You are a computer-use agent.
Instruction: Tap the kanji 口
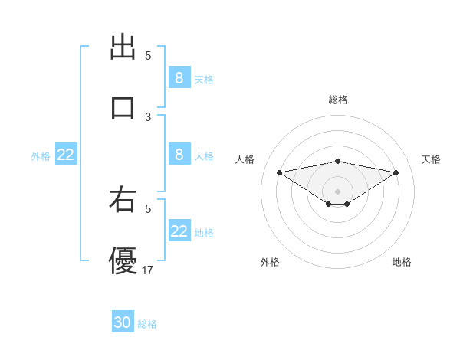click(x=123, y=108)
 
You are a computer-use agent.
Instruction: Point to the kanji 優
click(x=123, y=260)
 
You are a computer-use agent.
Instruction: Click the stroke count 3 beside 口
click(x=148, y=116)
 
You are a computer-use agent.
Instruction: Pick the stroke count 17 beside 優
click(x=148, y=270)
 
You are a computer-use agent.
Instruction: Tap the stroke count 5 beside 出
click(x=148, y=56)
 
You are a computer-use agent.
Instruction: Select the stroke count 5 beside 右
click(x=148, y=208)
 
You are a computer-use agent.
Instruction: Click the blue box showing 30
click(x=123, y=322)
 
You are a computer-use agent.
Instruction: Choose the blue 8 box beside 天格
click(x=179, y=78)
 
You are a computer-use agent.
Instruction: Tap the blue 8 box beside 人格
click(x=179, y=155)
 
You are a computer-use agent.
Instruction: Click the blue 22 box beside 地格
click(x=179, y=231)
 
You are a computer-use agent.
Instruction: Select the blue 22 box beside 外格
click(x=66, y=155)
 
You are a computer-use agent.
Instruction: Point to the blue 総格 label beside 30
click(x=147, y=324)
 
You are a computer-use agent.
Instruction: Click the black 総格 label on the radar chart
click(x=338, y=100)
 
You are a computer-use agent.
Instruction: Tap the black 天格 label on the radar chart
click(x=432, y=159)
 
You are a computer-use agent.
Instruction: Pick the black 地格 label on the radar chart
click(x=402, y=262)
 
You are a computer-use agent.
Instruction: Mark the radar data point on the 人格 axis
click(x=280, y=172)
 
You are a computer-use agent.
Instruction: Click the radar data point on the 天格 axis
click(x=396, y=172)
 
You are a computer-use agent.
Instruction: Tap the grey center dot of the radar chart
click(x=338, y=191)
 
